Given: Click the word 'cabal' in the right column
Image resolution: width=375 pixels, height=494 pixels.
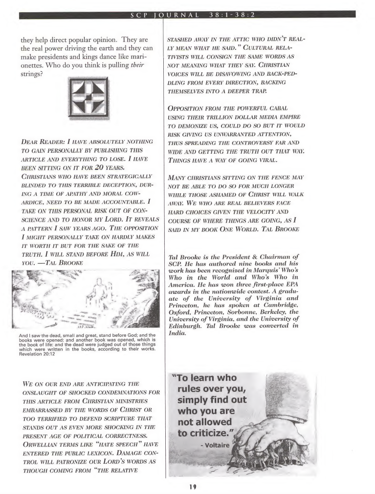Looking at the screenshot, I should [301, 108].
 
